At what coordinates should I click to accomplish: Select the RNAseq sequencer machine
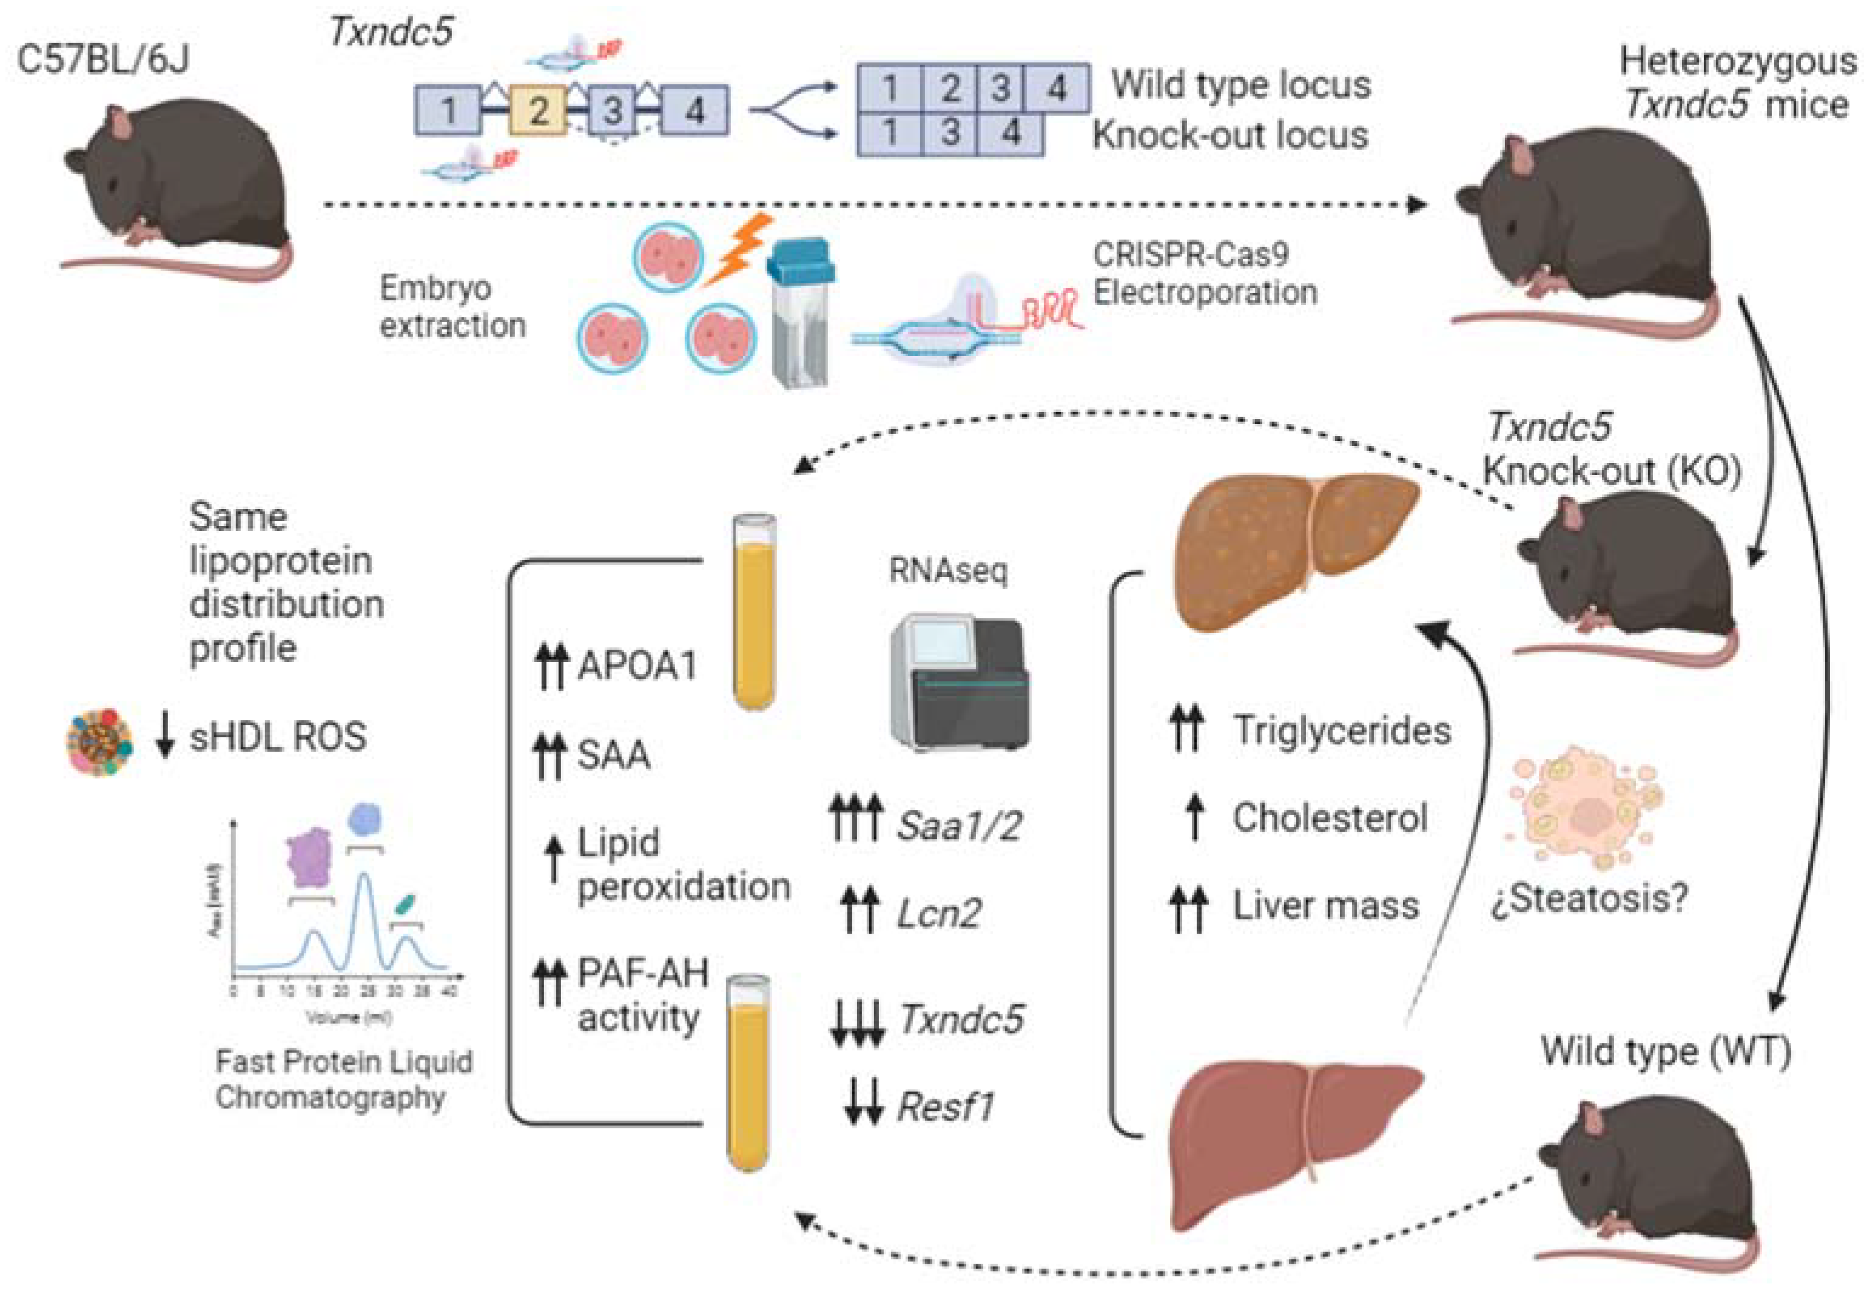[x=959, y=681]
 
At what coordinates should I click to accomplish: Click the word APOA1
[x=636, y=666]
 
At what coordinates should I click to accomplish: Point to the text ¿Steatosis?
[x=1589, y=898]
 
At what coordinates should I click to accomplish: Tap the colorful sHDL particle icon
[x=99, y=743]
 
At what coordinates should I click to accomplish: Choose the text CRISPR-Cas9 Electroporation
[x=1204, y=274]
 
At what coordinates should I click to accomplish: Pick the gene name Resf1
[x=945, y=1107]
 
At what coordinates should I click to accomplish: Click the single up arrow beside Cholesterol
[x=1194, y=817]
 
